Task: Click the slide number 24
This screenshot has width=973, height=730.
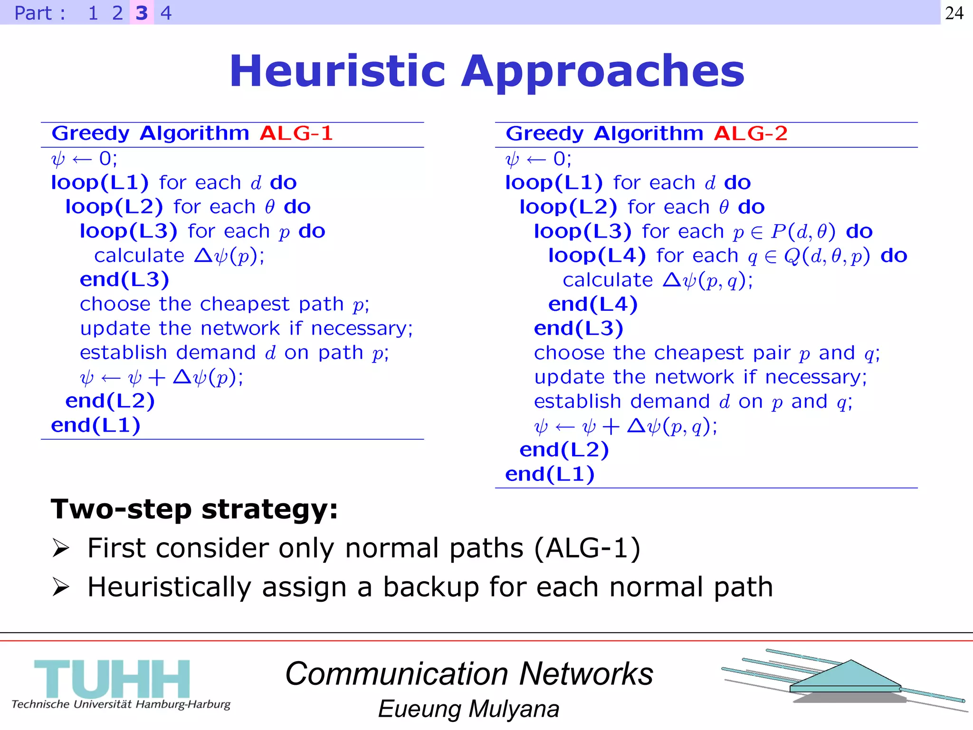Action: [x=954, y=13]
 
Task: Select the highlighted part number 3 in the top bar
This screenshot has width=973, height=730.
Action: [x=142, y=13]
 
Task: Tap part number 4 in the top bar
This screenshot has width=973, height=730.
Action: [x=166, y=13]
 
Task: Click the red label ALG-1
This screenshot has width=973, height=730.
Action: [x=296, y=134]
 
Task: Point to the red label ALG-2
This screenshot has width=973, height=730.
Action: [x=751, y=134]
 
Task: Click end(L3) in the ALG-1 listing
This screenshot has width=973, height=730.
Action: [x=124, y=279]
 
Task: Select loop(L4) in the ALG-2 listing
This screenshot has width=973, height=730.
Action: [x=597, y=256]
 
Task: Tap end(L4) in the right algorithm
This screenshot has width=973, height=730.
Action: [x=593, y=304]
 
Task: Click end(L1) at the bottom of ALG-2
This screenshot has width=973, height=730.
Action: [x=550, y=474]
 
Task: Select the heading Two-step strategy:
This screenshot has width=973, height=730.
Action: [x=194, y=509]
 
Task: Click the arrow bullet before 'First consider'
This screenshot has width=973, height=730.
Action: [x=61, y=548]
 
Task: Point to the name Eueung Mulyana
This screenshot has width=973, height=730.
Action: [x=468, y=709]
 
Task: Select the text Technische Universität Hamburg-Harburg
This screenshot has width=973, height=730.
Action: [x=121, y=704]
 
